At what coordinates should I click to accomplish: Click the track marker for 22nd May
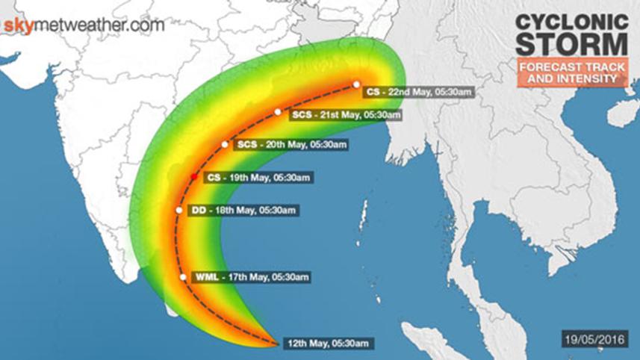click(x=357, y=84)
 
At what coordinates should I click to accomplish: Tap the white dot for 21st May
click(x=278, y=112)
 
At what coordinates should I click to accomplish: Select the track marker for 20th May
click(x=225, y=144)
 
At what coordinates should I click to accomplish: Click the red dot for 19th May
click(x=193, y=176)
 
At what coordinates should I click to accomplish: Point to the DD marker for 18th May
click(x=179, y=211)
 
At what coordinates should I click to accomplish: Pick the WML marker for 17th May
click(x=184, y=277)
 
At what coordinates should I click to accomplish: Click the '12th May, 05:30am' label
click(x=328, y=343)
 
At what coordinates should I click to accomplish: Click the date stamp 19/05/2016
click(x=593, y=339)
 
